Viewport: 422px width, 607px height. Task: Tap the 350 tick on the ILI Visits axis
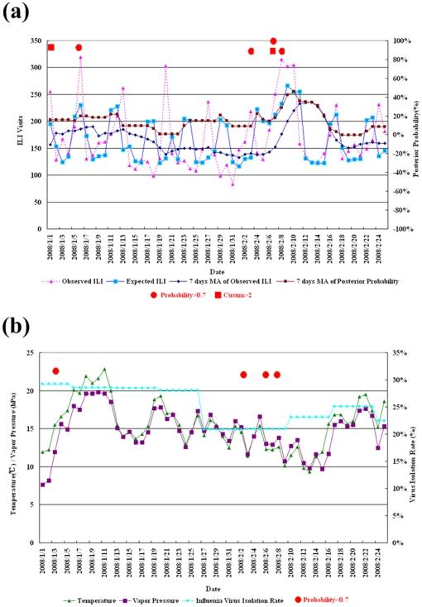pyautogui.click(x=32, y=41)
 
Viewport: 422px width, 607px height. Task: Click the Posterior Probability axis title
pyautogui.click(x=416, y=135)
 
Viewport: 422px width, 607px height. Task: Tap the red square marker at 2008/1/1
pyautogui.click(x=50, y=47)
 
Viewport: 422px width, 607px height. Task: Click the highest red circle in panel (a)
pyautogui.click(x=273, y=41)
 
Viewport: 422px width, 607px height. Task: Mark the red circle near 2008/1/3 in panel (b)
pyautogui.click(x=55, y=371)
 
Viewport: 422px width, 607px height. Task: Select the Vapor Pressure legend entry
pyautogui.click(x=149, y=593)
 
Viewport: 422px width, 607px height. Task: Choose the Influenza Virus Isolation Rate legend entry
pyautogui.click(x=240, y=593)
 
